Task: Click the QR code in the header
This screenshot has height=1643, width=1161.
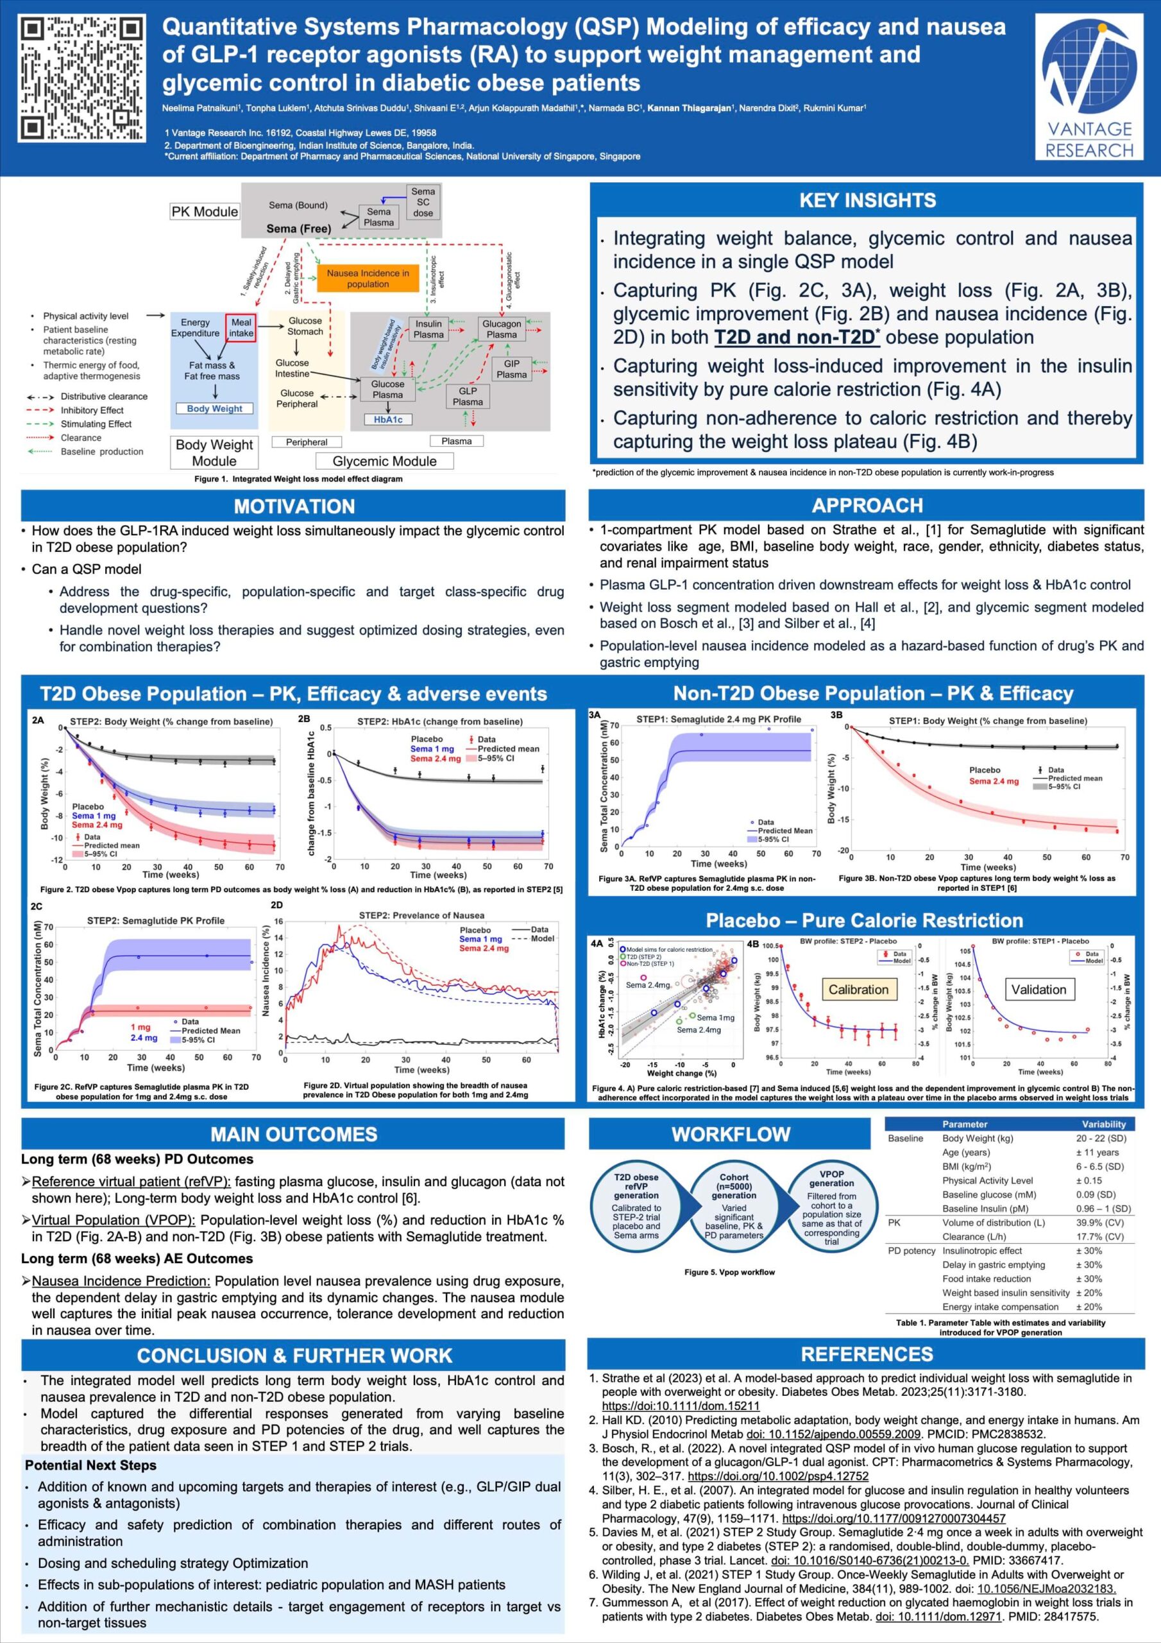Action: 81,79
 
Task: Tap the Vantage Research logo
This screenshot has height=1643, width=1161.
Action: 1089,87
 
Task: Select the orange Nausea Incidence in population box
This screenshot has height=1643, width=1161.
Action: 368,279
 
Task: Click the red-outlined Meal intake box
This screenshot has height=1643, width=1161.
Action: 241,328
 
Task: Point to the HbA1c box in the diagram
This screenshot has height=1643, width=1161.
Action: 387,419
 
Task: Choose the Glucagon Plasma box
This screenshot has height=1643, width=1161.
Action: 502,329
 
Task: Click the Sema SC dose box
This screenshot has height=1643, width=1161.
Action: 423,203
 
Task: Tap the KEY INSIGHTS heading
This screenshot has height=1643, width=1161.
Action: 867,200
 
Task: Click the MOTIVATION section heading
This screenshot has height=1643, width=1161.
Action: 293,506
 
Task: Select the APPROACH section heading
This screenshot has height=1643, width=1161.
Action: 867,505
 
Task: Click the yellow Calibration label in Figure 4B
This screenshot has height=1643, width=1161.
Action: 858,990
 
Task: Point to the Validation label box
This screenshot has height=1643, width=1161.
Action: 1038,990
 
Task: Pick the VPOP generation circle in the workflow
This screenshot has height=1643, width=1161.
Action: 831,1207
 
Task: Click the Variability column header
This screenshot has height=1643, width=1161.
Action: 1103,1124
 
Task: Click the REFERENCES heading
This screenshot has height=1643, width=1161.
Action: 867,1354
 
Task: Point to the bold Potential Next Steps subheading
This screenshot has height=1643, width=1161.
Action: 90,1465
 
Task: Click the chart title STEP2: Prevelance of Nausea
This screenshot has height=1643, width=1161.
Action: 421,915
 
